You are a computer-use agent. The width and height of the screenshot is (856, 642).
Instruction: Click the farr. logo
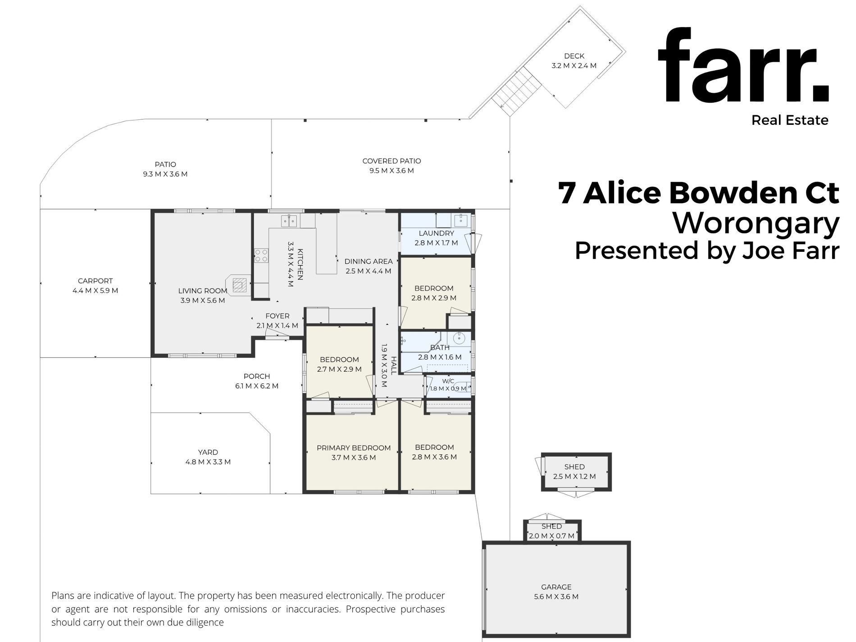(743, 65)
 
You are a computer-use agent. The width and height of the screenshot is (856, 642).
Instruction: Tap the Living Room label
(203, 291)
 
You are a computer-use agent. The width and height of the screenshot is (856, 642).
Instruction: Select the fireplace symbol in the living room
(240, 285)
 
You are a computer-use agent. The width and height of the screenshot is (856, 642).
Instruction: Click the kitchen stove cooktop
(261, 255)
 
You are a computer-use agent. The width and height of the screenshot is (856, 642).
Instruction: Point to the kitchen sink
(289, 221)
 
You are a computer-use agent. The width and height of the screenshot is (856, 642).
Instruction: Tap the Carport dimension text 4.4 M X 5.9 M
(96, 291)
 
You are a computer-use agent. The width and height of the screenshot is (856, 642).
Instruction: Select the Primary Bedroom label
(354, 448)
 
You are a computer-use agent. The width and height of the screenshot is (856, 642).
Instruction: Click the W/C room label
(448, 381)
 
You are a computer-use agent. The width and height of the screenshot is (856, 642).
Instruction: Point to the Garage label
(556, 587)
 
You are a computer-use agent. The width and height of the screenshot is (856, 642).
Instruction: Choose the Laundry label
(437, 233)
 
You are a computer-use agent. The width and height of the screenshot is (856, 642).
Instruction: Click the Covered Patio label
(392, 161)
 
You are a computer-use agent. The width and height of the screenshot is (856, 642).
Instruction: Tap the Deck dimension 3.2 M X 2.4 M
(574, 66)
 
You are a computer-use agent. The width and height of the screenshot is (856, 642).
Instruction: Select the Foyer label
(278, 316)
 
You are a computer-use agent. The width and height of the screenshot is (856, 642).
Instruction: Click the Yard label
(208, 452)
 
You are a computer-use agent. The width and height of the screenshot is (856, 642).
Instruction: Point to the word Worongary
(756, 223)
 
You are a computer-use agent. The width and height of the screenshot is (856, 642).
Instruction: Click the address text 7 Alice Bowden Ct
(699, 192)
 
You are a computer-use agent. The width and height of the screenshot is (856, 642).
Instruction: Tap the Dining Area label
(369, 261)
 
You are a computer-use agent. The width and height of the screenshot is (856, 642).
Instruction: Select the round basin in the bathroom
(459, 338)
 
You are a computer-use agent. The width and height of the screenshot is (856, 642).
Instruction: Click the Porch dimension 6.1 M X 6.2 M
(257, 386)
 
